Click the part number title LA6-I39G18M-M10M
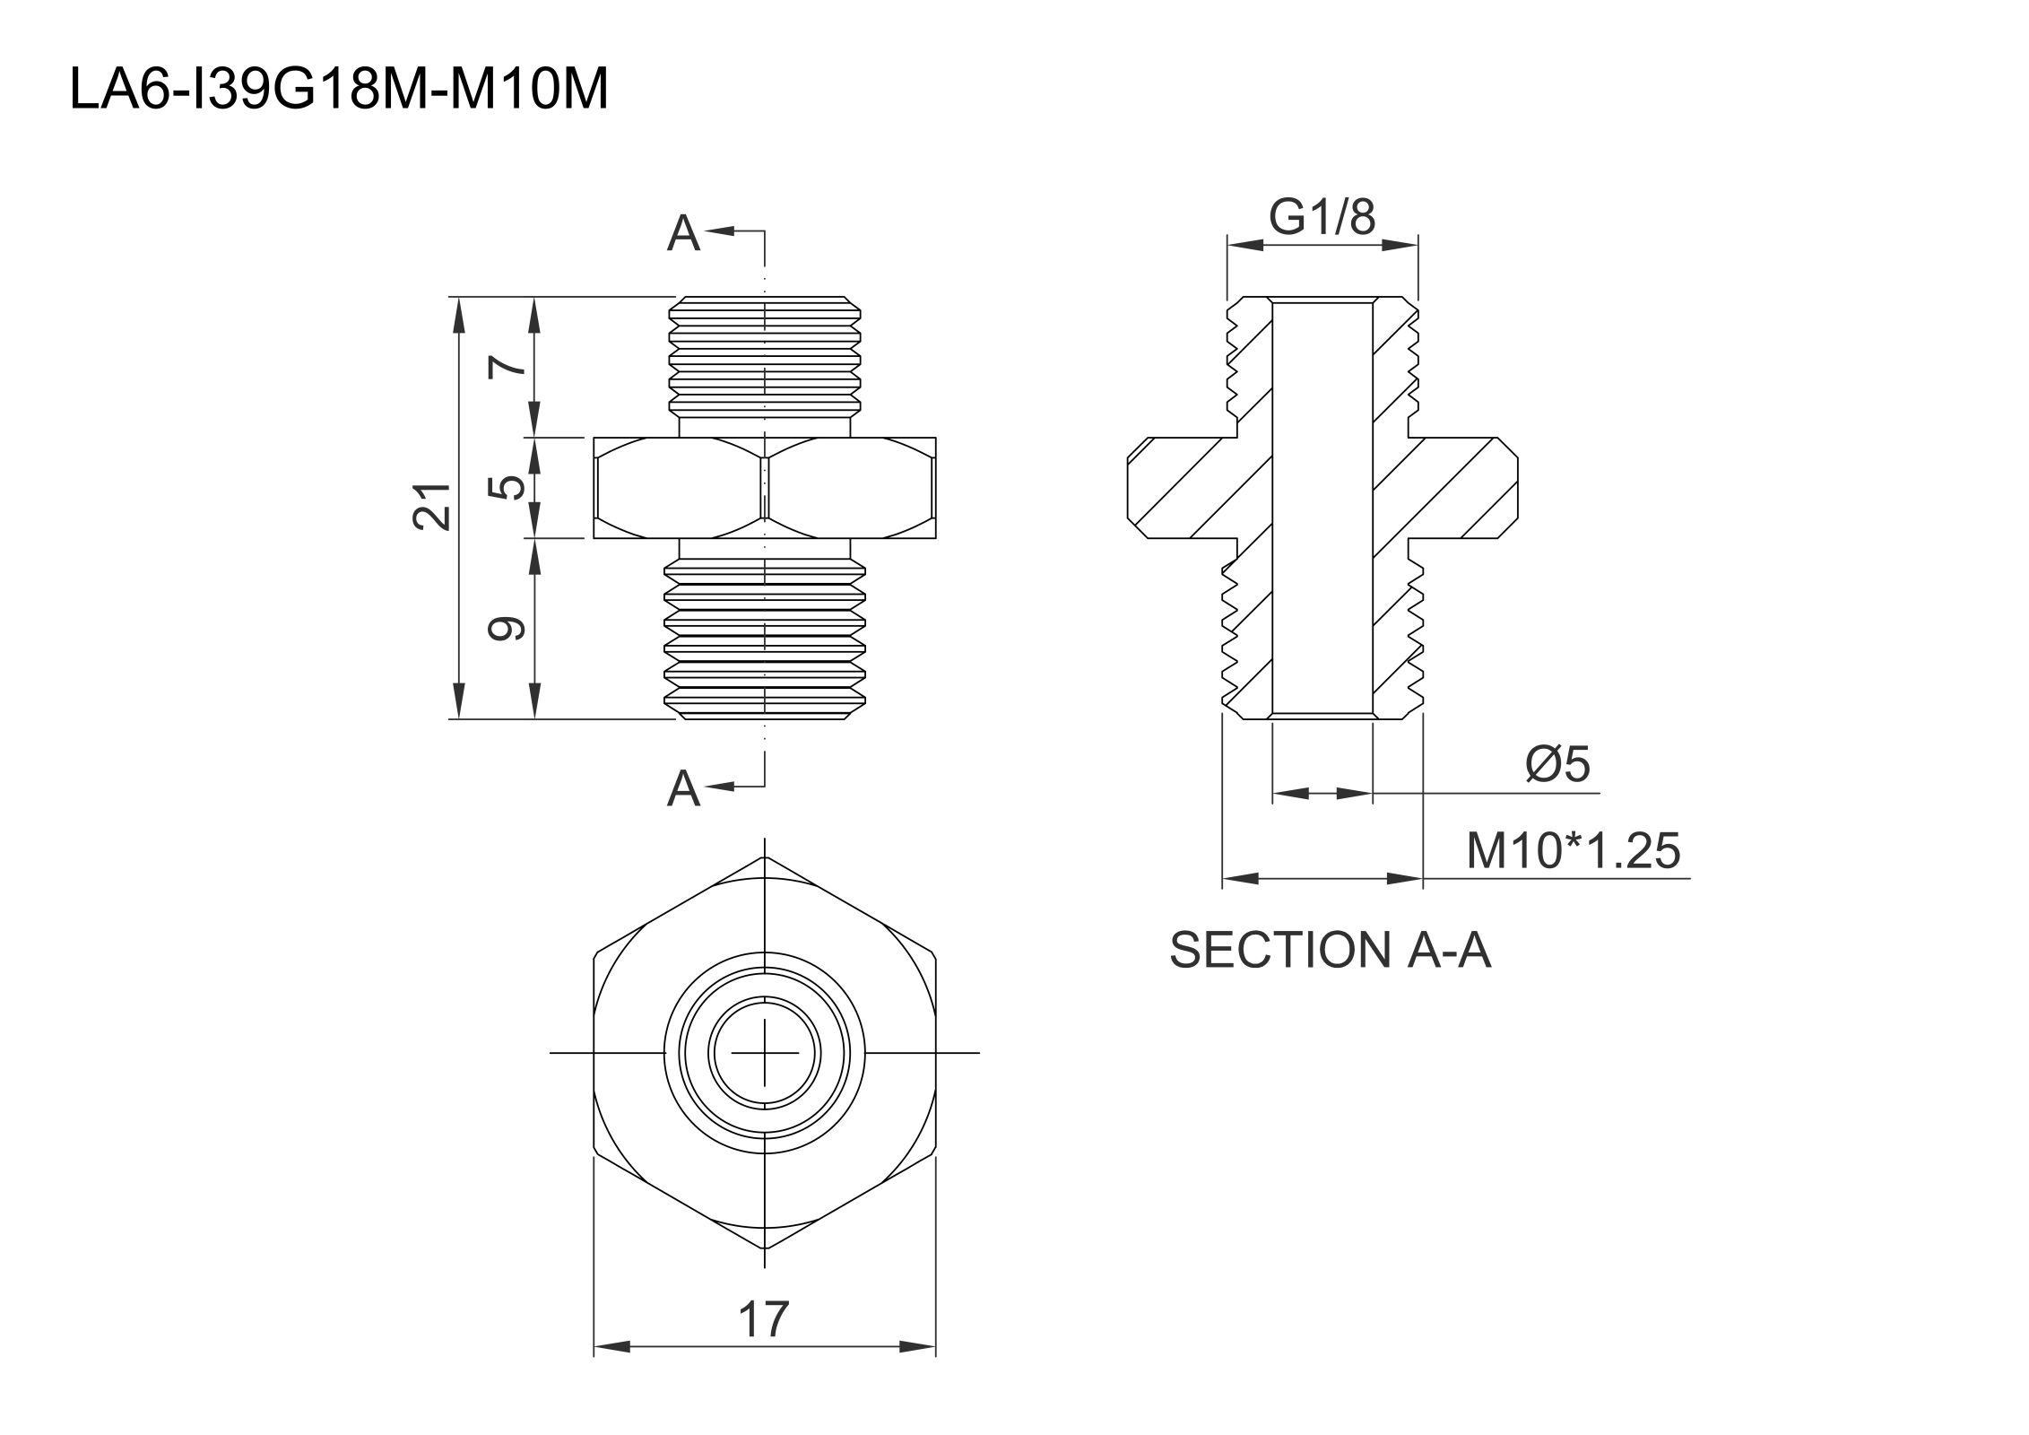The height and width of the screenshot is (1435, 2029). click(x=339, y=90)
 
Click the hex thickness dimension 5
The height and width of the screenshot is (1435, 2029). click(x=508, y=487)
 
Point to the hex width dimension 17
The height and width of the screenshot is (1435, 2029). click(x=764, y=1319)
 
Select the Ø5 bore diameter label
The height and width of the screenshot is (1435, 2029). click(x=1557, y=764)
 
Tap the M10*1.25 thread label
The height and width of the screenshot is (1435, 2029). click(x=1573, y=850)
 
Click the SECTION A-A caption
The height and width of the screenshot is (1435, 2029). click(x=1331, y=950)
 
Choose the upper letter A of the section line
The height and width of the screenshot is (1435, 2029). click(x=683, y=234)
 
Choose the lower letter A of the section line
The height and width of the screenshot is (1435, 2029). click(x=683, y=789)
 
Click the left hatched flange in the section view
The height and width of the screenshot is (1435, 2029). click(x=1184, y=488)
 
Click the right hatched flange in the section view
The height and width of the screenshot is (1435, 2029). click(x=1461, y=488)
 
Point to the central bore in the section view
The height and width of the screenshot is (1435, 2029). click(x=1322, y=507)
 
